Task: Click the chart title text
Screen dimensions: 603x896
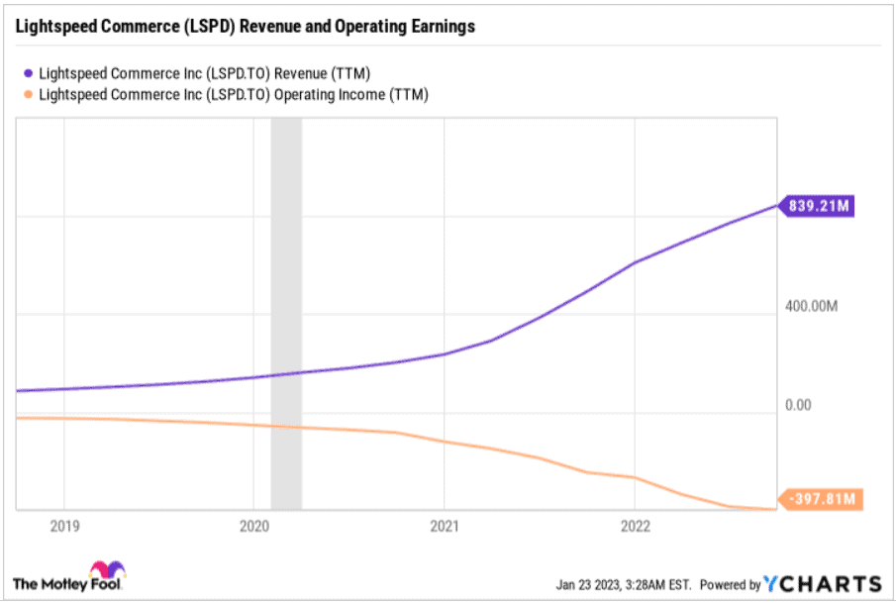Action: [244, 27]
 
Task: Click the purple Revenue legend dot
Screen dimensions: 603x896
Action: [29, 72]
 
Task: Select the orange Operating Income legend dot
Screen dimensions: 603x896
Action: [29, 94]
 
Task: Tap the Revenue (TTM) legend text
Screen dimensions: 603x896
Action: [204, 72]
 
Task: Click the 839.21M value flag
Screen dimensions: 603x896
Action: [819, 206]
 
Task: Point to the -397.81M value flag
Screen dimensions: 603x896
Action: [821, 499]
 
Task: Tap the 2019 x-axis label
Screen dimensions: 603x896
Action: [62, 528]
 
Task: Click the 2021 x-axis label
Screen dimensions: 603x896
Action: [445, 528]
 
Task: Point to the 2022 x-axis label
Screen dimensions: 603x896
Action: [635, 528]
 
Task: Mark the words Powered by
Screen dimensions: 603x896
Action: [731, 584]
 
